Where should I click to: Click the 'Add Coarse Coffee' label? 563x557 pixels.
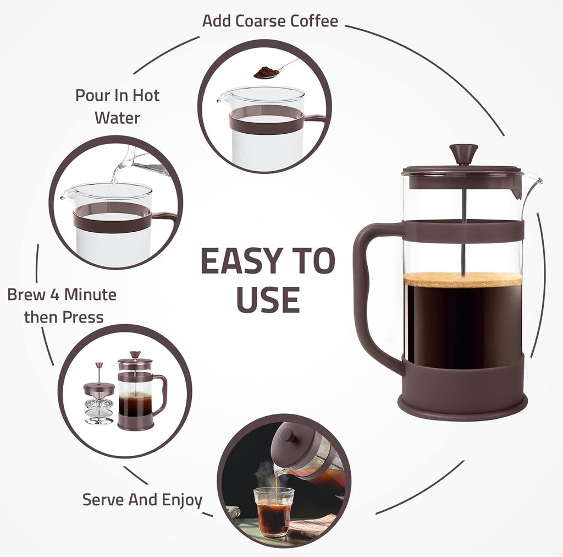point(270,21)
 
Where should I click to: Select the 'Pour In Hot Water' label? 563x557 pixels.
point(117,106)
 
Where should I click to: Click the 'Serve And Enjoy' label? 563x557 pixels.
point(142,500)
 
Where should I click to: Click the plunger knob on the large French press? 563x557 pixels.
point(463,152)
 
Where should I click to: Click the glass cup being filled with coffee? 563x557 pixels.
point(273,511)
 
